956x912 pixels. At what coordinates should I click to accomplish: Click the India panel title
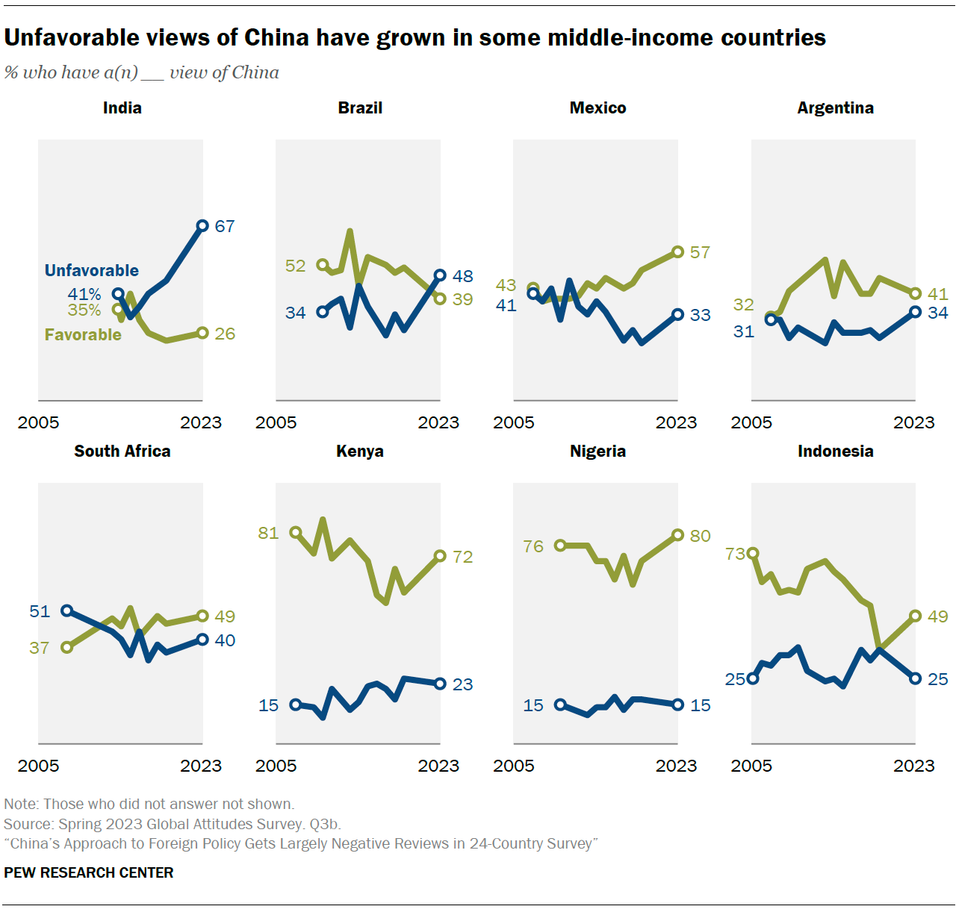[x=122, y=108]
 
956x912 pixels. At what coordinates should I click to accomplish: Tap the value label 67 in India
[x=225, y=226]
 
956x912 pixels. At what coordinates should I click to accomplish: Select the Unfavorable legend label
[x=92, y=271]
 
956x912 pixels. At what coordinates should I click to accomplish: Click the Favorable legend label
[x=83, y=335]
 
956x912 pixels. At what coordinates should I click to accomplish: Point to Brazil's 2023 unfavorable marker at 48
[x=440, y=275]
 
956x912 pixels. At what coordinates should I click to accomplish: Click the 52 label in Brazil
[x=296, y=266]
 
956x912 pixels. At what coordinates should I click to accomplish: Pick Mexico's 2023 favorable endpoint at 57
[x=677, y=252]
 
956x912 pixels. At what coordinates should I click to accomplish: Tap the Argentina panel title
[x=835, y=108]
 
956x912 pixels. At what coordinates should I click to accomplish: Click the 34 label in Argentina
[x=937, y=313]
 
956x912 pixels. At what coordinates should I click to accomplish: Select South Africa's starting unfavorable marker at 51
[x=66, y=610]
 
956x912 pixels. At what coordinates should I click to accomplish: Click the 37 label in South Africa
[x=40, y=648]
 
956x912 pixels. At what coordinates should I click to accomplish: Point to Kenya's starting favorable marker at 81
[x=296, y=533]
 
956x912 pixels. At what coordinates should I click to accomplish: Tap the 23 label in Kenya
[x=462, y=684]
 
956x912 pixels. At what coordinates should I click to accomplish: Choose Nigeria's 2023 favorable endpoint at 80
[x=677, y=535]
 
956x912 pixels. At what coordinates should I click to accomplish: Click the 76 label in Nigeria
[x=533, y=546]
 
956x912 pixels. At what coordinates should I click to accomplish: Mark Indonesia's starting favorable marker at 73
[x=753, y=554]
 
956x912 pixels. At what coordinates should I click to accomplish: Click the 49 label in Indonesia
[x=937, y=616]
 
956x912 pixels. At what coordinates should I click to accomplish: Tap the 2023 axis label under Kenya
[x=438, y=766]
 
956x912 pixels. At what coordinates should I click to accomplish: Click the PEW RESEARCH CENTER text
[x=89, y=872]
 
